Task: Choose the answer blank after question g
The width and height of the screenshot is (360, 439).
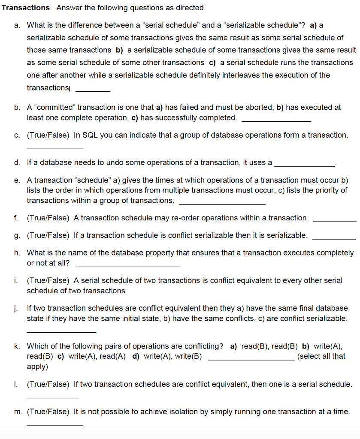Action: coord(334,238)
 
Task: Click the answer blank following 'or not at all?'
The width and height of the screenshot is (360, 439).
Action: coord(128,266)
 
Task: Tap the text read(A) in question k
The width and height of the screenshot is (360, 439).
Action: coord(113,356)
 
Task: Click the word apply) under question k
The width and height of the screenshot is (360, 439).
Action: coord(37,367)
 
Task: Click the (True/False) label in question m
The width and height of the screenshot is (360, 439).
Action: coord(48,412)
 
